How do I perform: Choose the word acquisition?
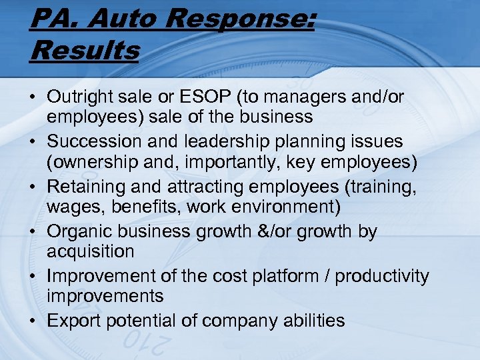(90, 251)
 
